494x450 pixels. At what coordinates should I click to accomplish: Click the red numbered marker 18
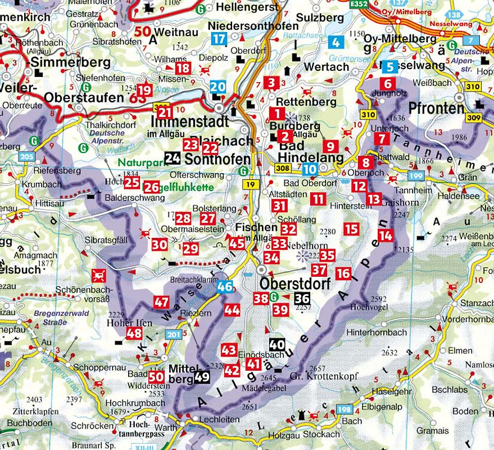[183, 69]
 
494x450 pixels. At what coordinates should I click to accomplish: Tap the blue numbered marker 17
[219, 39]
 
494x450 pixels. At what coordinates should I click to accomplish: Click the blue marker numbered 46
[225, 286]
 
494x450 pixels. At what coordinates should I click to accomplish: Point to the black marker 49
[203, 377]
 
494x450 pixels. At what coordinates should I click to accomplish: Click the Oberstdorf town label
[294, 285]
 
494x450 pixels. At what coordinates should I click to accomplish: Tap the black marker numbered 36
[302, 299]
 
